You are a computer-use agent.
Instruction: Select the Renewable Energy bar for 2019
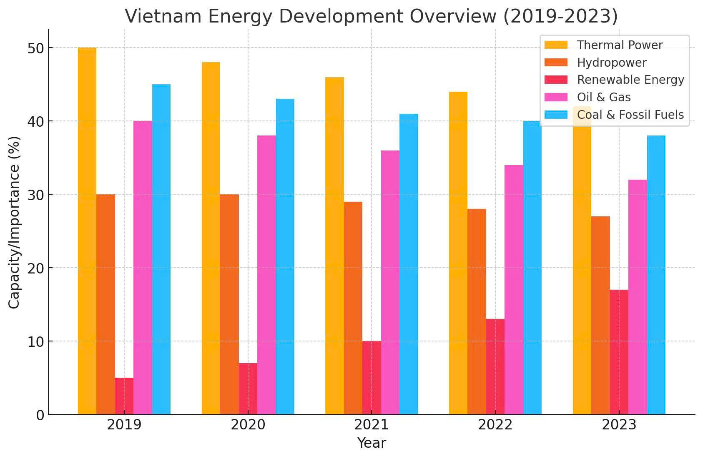click(x=124, y=396)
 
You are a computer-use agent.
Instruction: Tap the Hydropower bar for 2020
click(x=229, y=304)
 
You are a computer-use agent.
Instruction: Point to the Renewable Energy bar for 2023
click(x=619, y=352)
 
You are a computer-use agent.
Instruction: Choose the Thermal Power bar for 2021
click(x=334, y=246)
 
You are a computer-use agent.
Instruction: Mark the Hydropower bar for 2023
click(x=600, y=315)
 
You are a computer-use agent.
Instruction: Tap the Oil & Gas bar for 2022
click(x=514, y=290)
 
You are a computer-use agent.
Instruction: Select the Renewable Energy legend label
click(x=630, y=80)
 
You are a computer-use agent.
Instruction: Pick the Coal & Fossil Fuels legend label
click(x=630, y=115)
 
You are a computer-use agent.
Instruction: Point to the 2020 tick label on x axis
click(x=248, y=425)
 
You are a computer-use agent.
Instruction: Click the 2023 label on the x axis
click(x=619, y=425)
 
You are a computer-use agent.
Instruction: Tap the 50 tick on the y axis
click(x=36, y=48)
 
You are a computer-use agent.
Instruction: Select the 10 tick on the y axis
click(x=36, y=342)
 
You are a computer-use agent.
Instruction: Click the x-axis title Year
click(x=372, y=443)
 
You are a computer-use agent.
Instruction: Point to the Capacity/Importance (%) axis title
click(x=15, y=222)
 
